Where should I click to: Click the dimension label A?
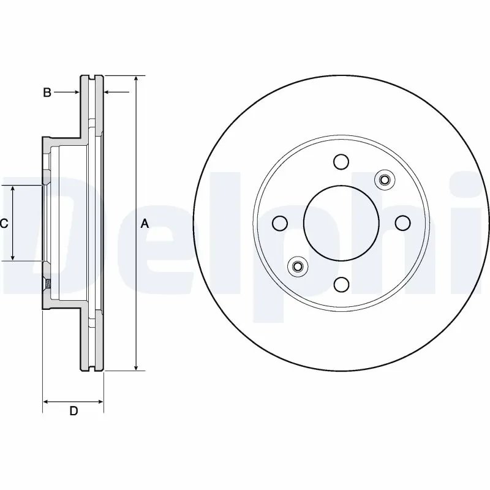pyautogui.click(x=145, y=224)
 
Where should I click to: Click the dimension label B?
pyautogui.click(x=47, y=92)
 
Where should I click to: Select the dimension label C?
pyautogui.click(x=4, y=224)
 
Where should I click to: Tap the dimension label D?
pyautogui.click(x=73, y=411)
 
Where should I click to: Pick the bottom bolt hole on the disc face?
pyautogui.click(x=341, y=284)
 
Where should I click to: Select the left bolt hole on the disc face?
pyautogui.click(x=280, y=223)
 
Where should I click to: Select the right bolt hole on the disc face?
pyautogui.click(x=402, y=223)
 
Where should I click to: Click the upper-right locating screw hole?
pyautogui.click(x=385, y=179)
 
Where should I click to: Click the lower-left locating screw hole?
pyautogui.click(x=298, y=266)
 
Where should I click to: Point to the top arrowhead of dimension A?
pyautogui.click(x=137, y=80)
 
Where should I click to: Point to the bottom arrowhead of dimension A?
pyautogui.click(x=137, y=367)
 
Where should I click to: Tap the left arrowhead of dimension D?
pyautogui.click(x=46, y=402)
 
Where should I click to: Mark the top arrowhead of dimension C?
pyautogui.click(x=13, y=188)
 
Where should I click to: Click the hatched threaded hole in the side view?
pyautogui.click(x=47, y=283)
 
